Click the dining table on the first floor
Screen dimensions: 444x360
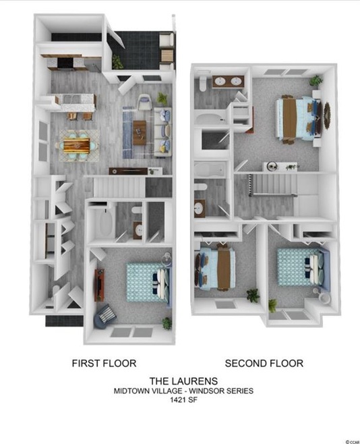coord(76,144)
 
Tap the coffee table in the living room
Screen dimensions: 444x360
coord(140,131)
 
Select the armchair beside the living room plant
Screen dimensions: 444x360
coord(146,103)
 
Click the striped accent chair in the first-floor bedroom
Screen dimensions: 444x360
coord(105,314)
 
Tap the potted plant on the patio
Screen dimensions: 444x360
coord(118,62)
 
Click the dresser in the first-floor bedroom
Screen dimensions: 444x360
coord(100,283)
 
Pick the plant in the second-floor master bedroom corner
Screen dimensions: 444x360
coord(315,80)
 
